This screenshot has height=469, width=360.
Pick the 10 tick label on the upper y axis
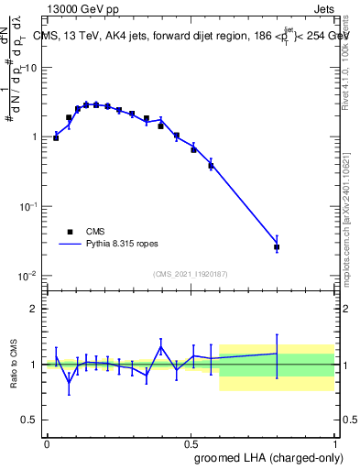(x=30, y=68)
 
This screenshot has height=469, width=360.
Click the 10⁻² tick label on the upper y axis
(x=27, y=275)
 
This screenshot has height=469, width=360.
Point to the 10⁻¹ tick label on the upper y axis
(x=27, y=206)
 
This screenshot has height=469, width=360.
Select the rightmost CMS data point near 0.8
(x=277, y=247)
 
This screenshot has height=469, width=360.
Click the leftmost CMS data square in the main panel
(x=56, y=138)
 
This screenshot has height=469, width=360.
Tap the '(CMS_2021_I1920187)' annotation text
(x=190, y=274)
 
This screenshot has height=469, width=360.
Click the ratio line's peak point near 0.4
(x=161, y=346)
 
